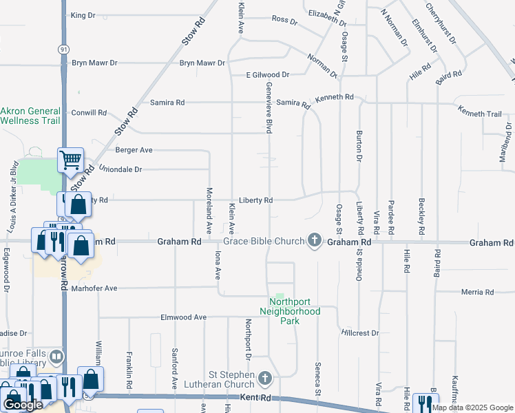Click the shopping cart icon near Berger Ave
(x=71, y=160)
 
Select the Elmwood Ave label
(x=183, y=317)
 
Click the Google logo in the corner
(x=23, y=405)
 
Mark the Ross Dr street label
(x=284, y=21)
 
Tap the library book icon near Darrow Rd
(x=56, y=357)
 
